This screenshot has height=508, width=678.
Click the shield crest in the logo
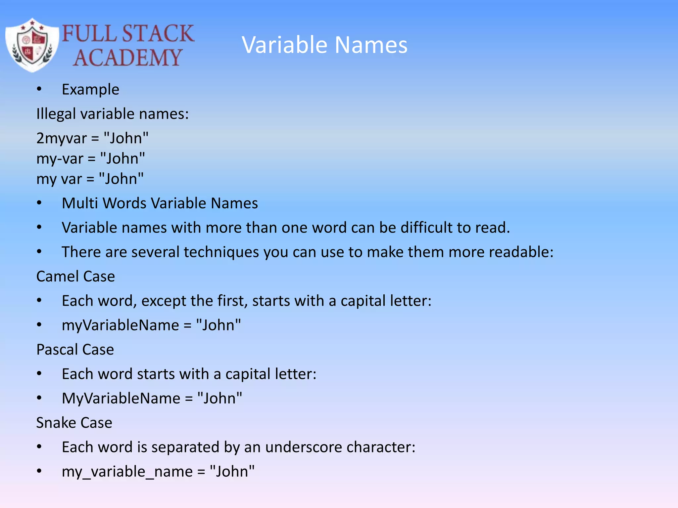pos(32,45)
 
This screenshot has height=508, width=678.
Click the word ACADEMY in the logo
pos(127,58)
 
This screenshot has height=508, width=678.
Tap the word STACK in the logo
pos(158,33)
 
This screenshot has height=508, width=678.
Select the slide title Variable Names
pos(324,45)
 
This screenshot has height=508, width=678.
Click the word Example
pos(90,90)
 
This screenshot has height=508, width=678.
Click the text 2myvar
pos(62,138)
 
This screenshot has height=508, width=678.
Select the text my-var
pos(60,159)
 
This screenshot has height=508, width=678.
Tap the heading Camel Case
pos(75,276)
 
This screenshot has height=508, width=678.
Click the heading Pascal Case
pos(75,350)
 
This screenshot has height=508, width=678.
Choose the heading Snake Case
pos(74,423)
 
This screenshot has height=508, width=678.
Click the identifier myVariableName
pos(120,325)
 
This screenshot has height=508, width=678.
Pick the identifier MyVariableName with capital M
pos(121,398)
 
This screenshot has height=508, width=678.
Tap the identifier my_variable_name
pos(127,472)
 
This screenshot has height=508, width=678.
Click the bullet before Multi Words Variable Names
pos(39,203)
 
